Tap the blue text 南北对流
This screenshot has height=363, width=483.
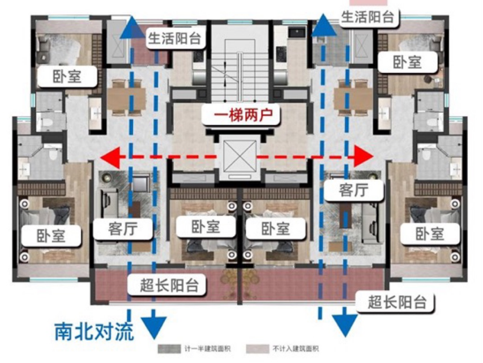pyautogui.click(x=94, y=331)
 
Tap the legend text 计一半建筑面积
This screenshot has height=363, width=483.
pyautogui.click(x=208, y=349)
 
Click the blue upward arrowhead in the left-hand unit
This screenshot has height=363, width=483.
pyautogui.click(x=131, y=27)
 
